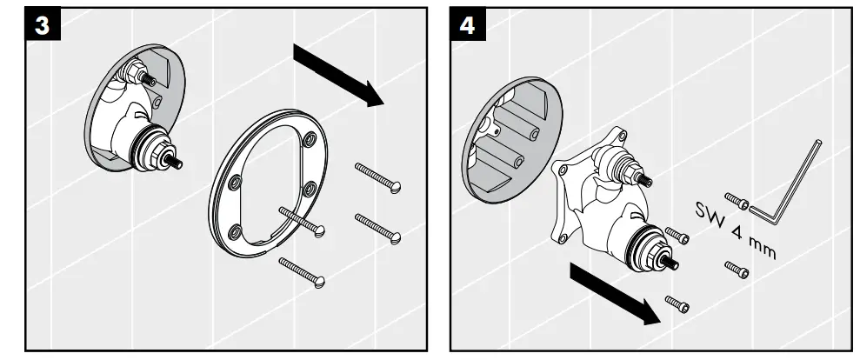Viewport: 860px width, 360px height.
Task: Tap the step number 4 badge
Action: [x=467, y=24]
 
